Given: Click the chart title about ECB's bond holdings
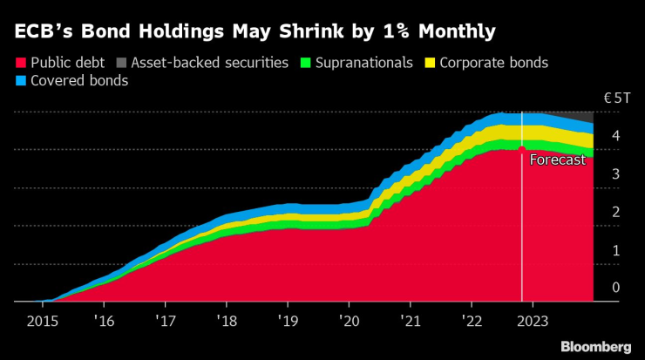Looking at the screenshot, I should [x=255, y=33].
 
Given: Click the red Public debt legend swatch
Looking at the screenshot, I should [x=21, y=63].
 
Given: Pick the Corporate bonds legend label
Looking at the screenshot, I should [x=494, y=63].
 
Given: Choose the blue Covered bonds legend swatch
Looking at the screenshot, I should [x=21, y=81].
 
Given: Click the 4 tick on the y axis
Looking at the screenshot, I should [x=615, y=136].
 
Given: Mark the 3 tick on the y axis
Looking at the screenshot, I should [x=615, y=174].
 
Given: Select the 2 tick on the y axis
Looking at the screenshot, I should [x=615, y=212].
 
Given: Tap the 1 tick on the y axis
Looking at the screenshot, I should [x=615, y=250].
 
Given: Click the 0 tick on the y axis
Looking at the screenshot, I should [x=615, y=288].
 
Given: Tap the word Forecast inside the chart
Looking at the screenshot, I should [x=558, y=160].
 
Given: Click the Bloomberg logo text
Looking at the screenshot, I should [x=595, y=346].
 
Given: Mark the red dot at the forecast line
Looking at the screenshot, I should [x=521, y=149].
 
